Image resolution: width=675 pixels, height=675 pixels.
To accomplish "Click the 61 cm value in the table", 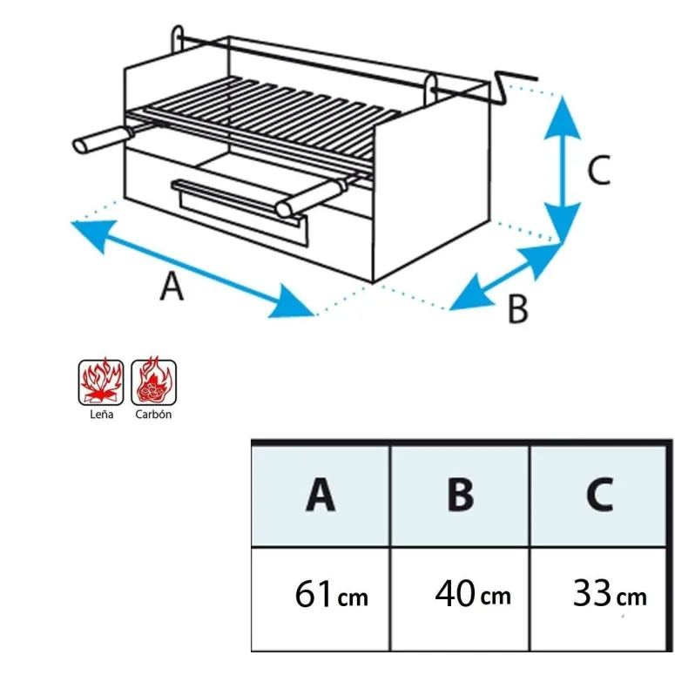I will click(330, 596).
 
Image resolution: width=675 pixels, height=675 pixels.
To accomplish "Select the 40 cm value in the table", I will click(472, 596).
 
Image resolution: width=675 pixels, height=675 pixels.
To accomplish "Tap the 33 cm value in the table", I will click(609, 596).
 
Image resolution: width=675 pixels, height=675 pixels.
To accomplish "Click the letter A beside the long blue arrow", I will click(172, 286).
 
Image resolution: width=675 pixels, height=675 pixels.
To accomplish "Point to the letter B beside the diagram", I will click(517, 309).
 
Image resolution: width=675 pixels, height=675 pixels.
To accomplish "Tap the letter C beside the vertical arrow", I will click(598, 171).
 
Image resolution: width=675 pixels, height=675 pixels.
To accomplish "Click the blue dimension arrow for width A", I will click(192, 268).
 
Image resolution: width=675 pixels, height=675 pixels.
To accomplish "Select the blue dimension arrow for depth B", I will click(505, 277).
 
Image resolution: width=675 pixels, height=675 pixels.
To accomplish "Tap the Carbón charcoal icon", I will click(153, 381).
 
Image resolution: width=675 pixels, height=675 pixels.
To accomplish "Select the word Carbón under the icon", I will click(153, 415).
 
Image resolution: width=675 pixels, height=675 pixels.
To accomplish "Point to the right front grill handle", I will click(307, 199).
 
